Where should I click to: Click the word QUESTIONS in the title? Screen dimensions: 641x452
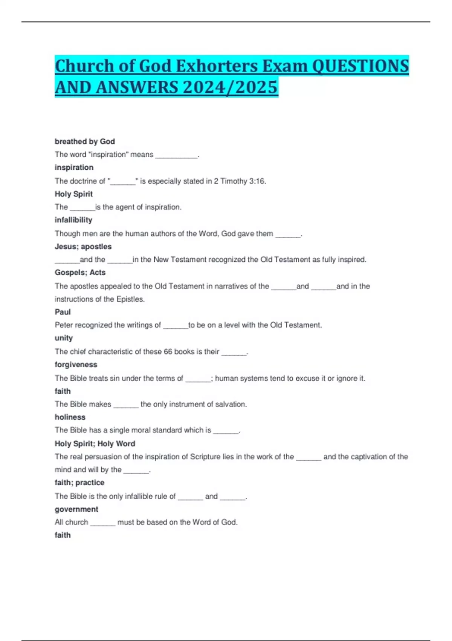point(360,66)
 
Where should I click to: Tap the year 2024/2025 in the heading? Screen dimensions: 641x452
point(230,87)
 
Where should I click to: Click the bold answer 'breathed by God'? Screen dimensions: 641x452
point(85,141)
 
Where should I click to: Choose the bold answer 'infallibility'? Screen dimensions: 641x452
point(73,220)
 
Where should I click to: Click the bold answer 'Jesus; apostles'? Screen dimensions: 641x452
point(83,247)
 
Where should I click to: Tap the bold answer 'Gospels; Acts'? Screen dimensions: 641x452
point(80,273)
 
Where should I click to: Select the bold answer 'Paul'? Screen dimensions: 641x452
point(63,312)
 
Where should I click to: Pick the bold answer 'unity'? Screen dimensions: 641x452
point(64,338)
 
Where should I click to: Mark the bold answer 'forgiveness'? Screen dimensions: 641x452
point(76,365)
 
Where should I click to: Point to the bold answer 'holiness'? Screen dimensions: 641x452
point(70,417)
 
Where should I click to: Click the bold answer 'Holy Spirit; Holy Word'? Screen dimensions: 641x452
point(95,444)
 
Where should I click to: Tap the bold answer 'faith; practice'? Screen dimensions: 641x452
point(79,483)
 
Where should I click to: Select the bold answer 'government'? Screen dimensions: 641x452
point(76,509)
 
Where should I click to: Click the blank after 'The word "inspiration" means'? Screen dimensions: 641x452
point(176,155)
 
